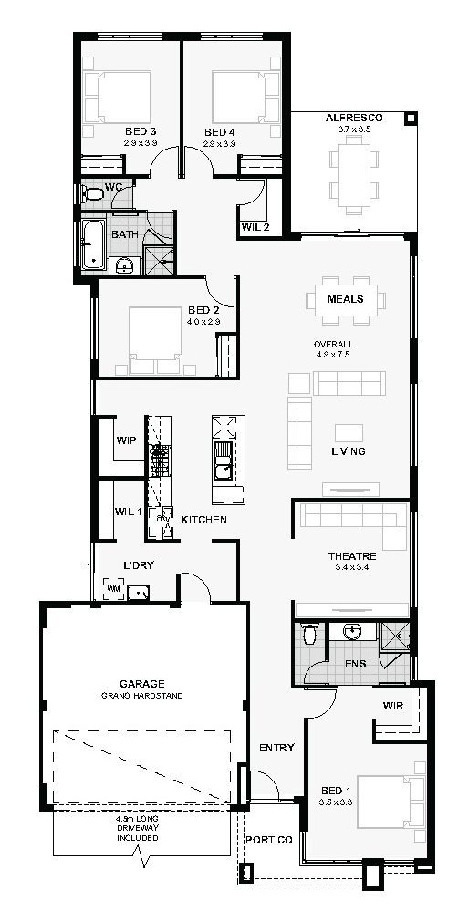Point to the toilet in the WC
pyautogui.click(x=92, y=192)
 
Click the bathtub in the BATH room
pyautogui.click(x=92, y=244)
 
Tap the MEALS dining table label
pyautogui.click(x=346, y=299)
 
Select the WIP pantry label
pyautogui.click(x=126, y=440)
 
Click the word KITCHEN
pyautogui.click(x=203, y=520)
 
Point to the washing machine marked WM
pyautogui.click(x=113, y=588)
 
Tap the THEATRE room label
pyautogui.click(x=351, y=555)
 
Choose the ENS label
pyautogui.click(x=355, y=664)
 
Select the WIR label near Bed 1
pyautogui.click(x=392, y=706)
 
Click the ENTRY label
pyautogui.click(x=276, y=748)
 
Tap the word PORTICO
pyautogui.click(x=268, y=840)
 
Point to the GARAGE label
pyautogui.click(x=141, y=684)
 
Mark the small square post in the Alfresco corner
pyautogui.click(x=411, y=118)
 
